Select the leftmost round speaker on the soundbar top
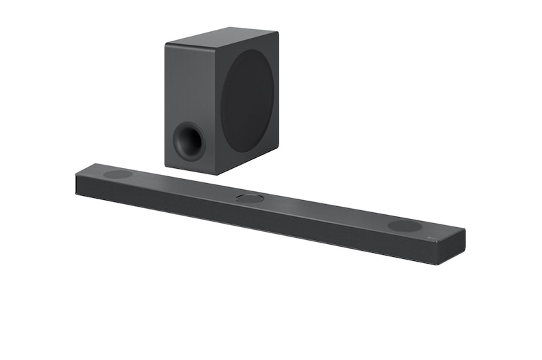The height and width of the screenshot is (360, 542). point(117,174)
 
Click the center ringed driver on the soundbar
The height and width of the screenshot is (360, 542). point(250,199)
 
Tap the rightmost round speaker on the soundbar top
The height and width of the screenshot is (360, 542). point(404,226)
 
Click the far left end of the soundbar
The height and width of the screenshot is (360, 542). point(77,182)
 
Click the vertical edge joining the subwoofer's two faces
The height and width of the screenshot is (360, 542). point(215,108)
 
